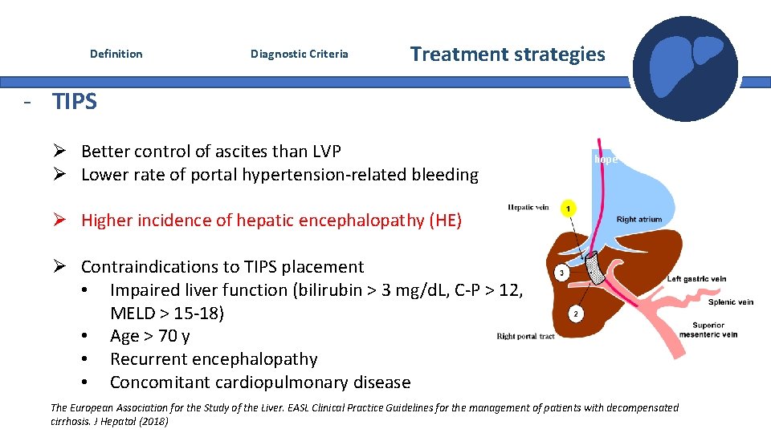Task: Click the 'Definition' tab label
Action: pyautogui.click(x=116, y=54)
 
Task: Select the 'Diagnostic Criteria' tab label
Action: pyautogui.click(x=299, y=54)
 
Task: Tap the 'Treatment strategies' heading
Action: pyautogui.click(x=508, y=54)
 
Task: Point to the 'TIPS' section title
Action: pyautogui.click(x=75, y=102)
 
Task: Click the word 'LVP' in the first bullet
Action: pyautogui.click(x=324, y=152)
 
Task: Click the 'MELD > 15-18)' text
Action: pyautogui.click(x=167, y=313)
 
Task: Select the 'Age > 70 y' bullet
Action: pyautogui.click(x=149, y=336)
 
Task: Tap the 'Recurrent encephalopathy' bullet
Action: pyautogui.click(x=214, y=359)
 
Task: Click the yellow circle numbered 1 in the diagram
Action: pyautogui.click(x=569, y=208)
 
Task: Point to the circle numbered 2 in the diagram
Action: pyautogui.click(x=575, y=314)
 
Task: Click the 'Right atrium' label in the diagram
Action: pyautogui.click(x=638, y=219)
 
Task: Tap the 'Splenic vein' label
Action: pyautogui.click(x=730, y=302)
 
